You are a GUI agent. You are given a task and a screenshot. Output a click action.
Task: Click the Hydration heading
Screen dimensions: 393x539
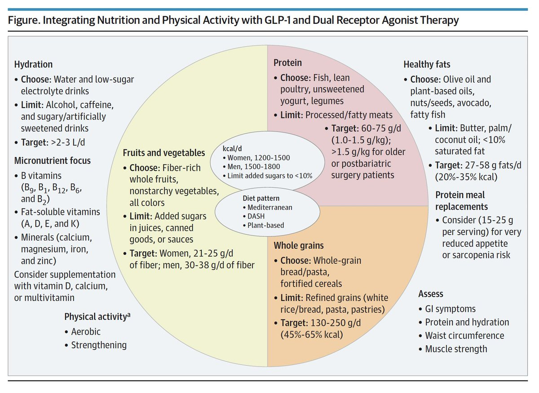(33, 65)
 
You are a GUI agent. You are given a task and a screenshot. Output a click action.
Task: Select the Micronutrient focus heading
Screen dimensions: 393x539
(52, 160)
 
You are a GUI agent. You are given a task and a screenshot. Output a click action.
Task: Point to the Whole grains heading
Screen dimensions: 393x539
(299, 245)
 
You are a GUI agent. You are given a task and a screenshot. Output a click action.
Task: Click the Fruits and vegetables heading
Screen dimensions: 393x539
(164, 153)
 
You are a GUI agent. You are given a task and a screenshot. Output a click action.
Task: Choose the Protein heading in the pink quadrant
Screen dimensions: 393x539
(288, 63)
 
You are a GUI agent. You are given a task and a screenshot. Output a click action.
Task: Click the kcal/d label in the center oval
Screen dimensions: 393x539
(232, 148)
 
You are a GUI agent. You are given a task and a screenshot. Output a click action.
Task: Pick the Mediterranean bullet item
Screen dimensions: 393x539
(269, 207)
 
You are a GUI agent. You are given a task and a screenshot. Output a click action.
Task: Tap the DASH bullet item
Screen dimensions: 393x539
(256, 216)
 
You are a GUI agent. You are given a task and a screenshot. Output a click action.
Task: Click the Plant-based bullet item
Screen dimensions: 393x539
(265, 225)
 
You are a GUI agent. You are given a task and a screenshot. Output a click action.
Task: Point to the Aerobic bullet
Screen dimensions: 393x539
(85, 332)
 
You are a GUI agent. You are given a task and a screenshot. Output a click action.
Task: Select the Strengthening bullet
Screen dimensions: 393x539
(98, 345)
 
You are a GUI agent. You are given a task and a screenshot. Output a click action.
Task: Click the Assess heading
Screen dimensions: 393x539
(431, 294)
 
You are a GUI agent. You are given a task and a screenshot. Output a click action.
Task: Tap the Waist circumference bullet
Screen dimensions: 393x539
(464, 336)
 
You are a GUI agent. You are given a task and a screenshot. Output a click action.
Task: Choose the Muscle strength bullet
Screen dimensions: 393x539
(456, 349)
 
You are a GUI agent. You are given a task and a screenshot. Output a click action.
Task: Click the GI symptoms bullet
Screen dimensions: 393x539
(450, 309)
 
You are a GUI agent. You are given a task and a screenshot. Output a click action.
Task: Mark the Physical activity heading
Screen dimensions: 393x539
(97, 317)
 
